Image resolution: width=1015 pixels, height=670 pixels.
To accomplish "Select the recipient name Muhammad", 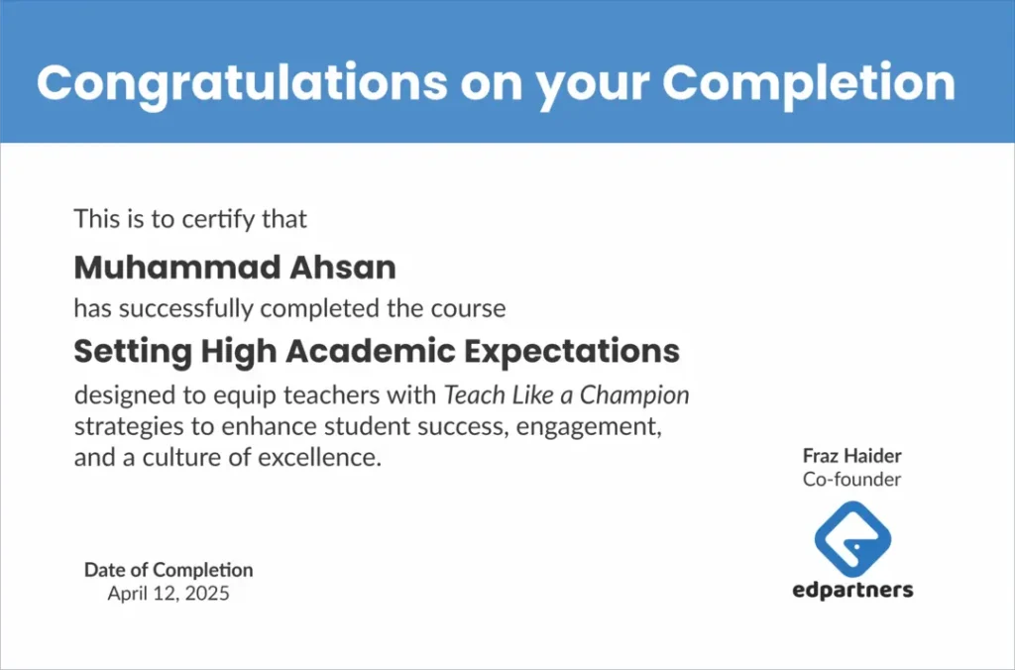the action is (x=176, y=268).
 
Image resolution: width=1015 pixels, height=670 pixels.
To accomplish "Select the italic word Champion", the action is (x=634, y=395).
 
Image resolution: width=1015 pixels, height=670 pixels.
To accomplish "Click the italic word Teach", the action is (x=475, y=394).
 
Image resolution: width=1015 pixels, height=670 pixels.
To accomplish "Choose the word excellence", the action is (x=320, y=458).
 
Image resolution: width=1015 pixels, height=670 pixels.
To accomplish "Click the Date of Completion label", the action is (x=169, y=570).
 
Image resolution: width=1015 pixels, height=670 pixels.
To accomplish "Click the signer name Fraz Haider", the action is (x=851, y=456).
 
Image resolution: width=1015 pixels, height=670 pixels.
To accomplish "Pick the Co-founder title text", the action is (x=851, y=480).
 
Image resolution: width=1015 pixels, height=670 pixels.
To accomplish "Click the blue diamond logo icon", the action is (x=852, y=539).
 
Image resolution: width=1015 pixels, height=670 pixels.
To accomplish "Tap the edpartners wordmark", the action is (x=852, y=591).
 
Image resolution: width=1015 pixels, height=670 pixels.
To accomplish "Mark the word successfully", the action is (x=185, y=309).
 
